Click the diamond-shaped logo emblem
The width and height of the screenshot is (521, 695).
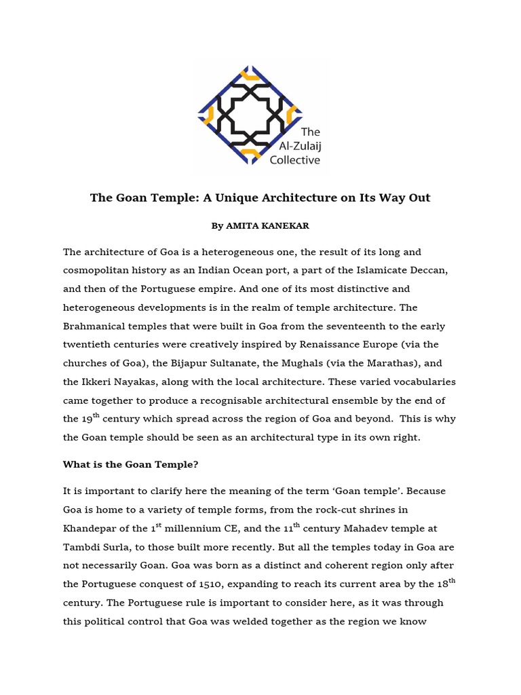click(250, 115)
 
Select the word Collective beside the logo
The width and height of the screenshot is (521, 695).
click(295, 160)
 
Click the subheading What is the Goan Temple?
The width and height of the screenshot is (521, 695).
click(130, 464)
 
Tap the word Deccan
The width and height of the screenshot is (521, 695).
click(425, 270)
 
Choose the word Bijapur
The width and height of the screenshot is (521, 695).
click(203, 345)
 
